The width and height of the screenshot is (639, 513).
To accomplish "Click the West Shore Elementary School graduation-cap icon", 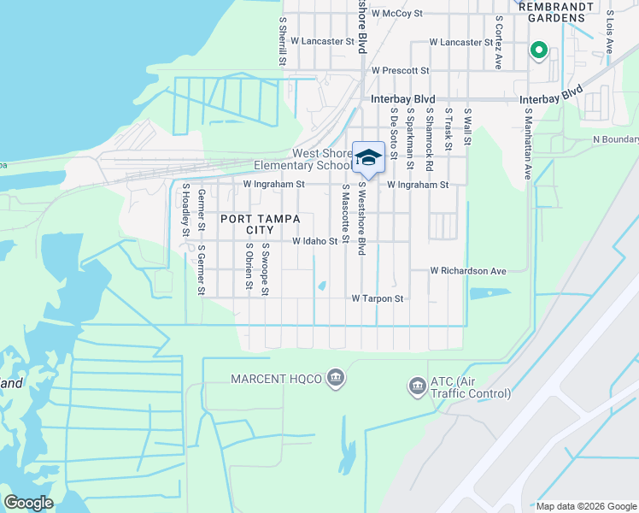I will tap(368, 157).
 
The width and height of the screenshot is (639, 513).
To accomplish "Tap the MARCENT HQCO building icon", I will tap(336, 378).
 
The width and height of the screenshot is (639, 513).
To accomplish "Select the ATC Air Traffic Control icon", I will tap(418, 386).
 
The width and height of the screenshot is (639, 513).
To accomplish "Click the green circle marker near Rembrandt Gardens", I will tap(538, 50).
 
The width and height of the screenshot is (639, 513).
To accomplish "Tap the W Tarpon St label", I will tap(377, 299).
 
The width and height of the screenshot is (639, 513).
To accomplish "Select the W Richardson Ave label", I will tap(468, 271).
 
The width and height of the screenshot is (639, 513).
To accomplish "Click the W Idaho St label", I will tap(315, 242).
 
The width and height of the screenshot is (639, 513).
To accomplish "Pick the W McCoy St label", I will tap(397, 14).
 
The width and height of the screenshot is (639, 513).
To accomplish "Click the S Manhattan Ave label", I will tap(528, 143).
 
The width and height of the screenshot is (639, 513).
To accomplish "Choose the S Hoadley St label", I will tap(185, 209).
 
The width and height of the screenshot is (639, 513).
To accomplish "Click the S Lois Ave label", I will tap(609, 32).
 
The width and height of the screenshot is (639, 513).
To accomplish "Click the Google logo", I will tap(28, 503).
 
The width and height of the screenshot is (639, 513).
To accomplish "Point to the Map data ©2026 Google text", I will tap(585, 506).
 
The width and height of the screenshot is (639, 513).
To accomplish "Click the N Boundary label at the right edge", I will tap(614, 139).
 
